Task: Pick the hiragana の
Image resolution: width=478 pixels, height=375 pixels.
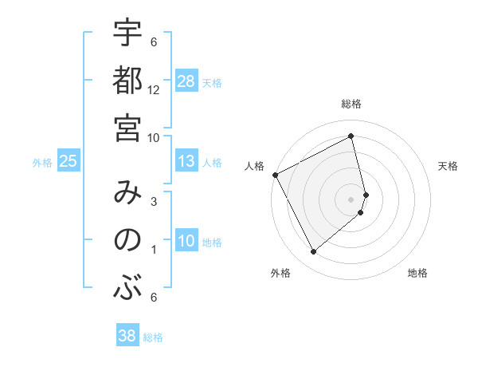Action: coord(127,239)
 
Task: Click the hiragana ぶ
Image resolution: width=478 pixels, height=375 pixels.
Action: coord(127,287)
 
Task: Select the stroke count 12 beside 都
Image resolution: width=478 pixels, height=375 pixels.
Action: coord(154,90)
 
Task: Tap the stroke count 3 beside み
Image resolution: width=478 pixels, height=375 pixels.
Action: coord(154,202)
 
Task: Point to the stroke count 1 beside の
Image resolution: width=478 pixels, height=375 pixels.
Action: coord(154,250)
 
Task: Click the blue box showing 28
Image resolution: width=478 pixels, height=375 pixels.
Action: coord(186,81)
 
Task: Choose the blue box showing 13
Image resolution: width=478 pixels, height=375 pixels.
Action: coord(186,161)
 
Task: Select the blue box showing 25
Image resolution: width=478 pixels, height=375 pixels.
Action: coord(68,161)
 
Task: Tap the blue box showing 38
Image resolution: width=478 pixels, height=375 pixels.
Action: coord(127,337)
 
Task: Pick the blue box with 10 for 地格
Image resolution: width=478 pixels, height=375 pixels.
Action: coord(186,241)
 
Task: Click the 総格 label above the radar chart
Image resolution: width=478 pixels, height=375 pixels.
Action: coord(351,104)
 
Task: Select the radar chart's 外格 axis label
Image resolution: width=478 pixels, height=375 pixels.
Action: coord(280,273)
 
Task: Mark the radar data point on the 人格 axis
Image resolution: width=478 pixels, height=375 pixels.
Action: coord(275,175)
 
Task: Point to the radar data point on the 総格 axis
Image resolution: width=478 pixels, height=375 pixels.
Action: coord(351,136)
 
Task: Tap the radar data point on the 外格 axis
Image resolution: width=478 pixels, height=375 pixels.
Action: coord(313,252)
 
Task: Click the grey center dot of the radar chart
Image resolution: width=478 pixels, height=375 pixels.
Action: coord(351,199)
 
